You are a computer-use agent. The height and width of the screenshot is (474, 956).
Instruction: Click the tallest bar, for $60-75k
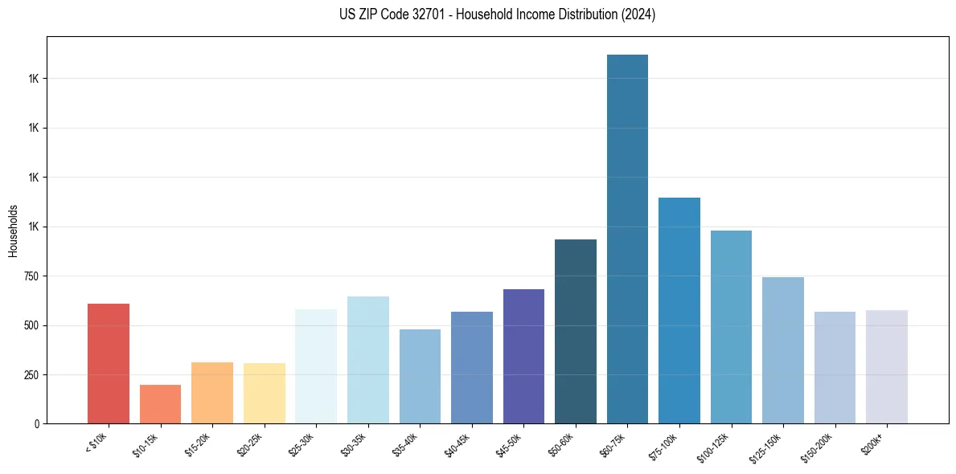coord(627,239)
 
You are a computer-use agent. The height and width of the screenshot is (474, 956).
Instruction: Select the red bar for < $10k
coord(109,363)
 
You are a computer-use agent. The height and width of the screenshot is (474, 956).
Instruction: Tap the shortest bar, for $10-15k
coord(160,404)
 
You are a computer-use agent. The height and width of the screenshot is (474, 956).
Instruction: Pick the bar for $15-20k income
coord(212,393)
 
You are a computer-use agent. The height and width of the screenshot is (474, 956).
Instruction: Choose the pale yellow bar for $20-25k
coord(265,394)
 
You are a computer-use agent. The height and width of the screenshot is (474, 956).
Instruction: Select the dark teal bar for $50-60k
coord(576,332)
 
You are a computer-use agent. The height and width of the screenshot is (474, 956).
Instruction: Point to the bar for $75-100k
coord(679,311)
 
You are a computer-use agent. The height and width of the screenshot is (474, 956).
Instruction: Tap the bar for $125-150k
coord(783,350)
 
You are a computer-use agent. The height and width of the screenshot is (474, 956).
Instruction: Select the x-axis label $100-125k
coord(717,446)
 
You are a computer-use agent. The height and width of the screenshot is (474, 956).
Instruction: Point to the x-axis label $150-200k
coord(821,446)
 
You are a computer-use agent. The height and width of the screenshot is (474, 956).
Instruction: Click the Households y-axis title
coord(13,231)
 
